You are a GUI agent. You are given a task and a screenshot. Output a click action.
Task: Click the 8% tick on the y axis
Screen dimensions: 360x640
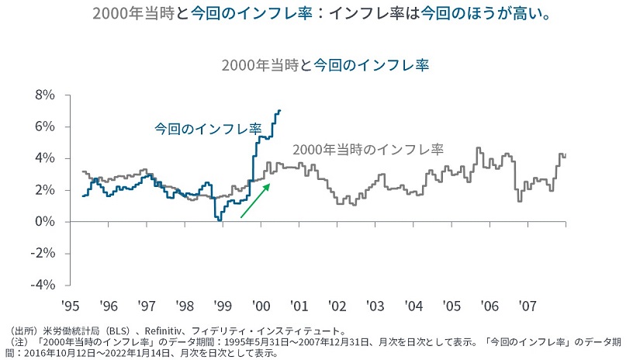coord(43,95)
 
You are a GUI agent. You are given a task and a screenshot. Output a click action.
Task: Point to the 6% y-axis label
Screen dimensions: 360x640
coord(43,126)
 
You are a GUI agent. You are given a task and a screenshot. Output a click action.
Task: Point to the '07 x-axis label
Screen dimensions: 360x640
coord(527,305)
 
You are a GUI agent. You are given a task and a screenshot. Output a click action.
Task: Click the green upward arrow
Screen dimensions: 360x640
coord(255,200)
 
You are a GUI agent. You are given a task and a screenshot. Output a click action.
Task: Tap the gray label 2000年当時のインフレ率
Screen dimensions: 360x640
coord(368,149)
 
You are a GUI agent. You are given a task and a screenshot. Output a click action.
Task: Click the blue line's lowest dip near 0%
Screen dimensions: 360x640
coord(220,220)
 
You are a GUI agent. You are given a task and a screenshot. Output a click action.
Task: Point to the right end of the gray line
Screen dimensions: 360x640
coord(565,155)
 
